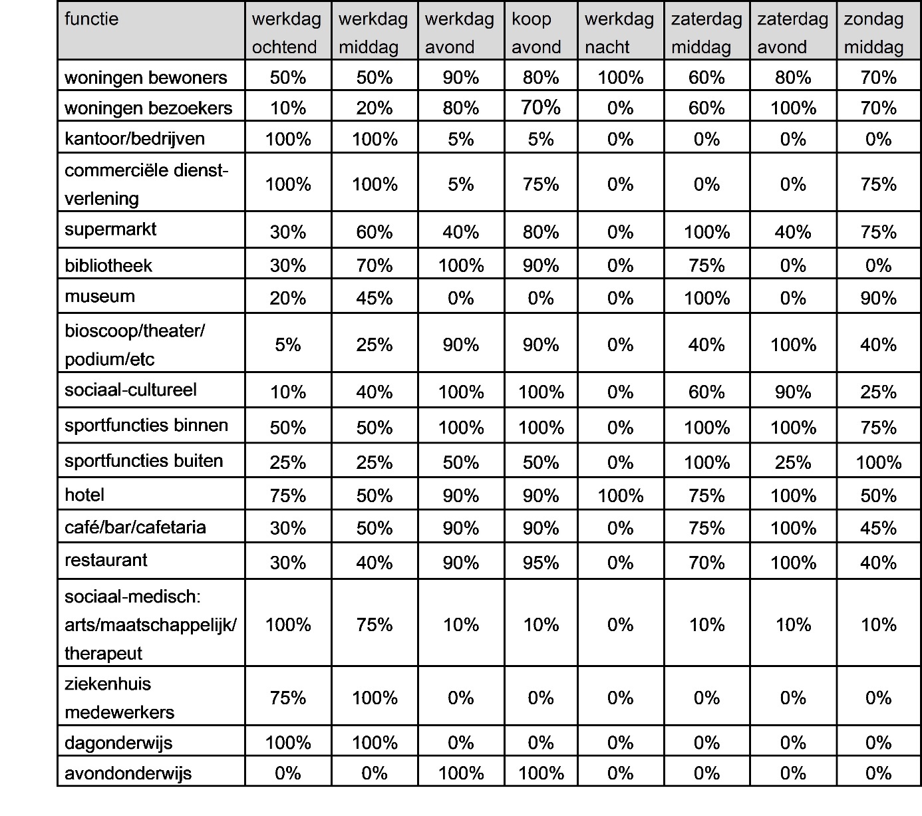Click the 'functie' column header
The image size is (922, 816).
tap(92, 19)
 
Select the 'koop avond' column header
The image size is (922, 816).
tap(536, 33)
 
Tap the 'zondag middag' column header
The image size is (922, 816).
tap(873, 33)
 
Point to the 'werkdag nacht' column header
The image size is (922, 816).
tap(619, 33)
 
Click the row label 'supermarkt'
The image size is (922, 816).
tap(110, 229)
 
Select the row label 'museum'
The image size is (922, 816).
tap(100, 297)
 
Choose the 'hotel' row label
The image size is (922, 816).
tap(84, 495)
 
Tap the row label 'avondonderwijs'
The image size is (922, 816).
tap(128, 773)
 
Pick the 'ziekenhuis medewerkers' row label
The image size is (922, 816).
tap(120, 698)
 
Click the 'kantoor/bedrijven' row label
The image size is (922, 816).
tap(134, 139)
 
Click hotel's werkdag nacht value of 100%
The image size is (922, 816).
tap(620, 496)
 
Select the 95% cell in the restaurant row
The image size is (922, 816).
tap(540, 563)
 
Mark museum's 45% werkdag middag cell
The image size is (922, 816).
tap(374, 299)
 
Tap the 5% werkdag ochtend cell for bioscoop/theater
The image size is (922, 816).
tap(287, 345)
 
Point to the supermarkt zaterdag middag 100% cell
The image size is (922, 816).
tap(706, 233)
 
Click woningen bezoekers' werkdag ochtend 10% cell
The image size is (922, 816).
tap(287, 108)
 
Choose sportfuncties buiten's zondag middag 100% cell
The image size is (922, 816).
tap(878, 463)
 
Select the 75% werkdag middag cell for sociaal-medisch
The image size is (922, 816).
tap(374, 625)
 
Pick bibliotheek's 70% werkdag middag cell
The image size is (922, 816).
tap(374, 266)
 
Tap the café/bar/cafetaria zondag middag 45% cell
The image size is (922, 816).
tap(878, 529)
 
